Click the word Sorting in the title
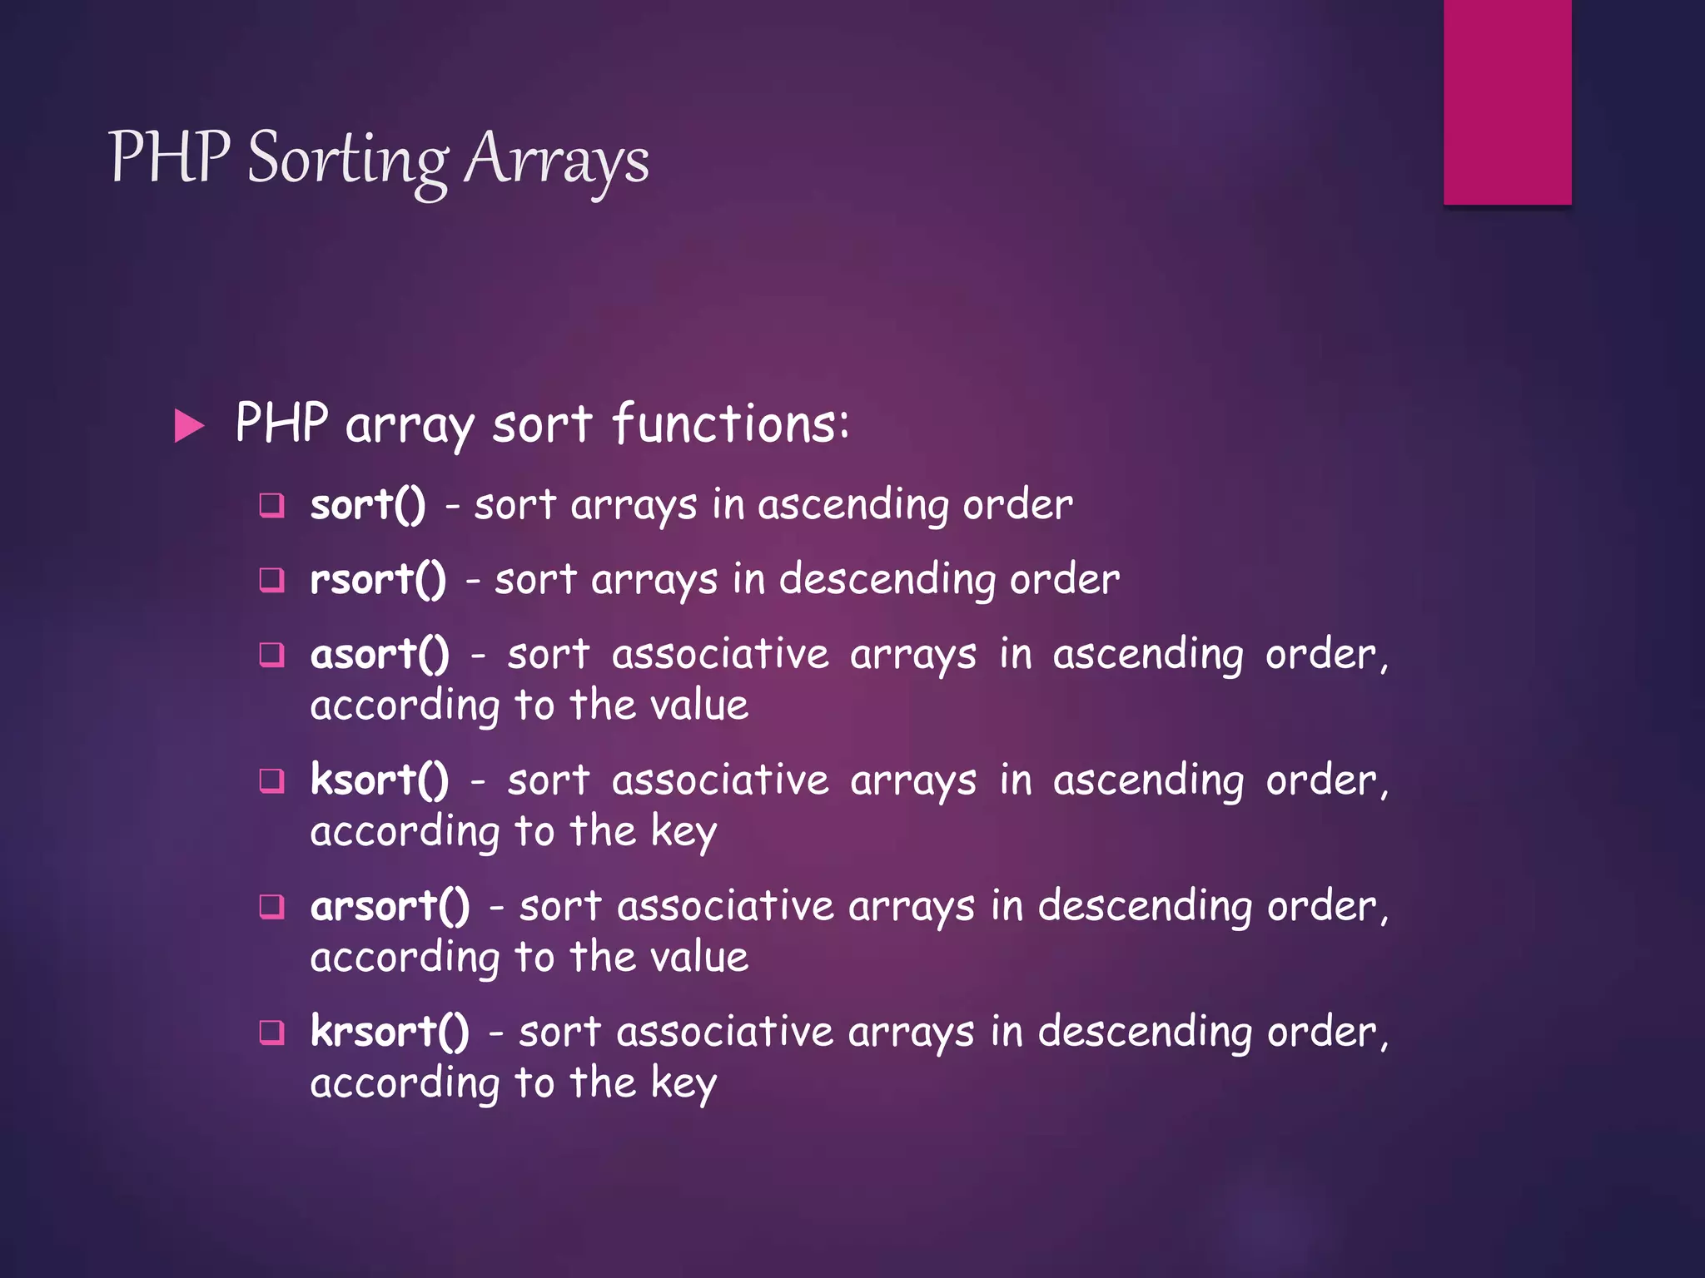pos(348,160)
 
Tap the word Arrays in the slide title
pos(556,160)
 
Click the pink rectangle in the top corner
pos(1507,102)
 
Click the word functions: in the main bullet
pos(731,424)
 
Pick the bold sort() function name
pos(367,505)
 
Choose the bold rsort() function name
pos(378,580)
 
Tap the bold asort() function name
pos(380,655)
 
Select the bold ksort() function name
pos(380,780)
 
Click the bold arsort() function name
pos(390,906)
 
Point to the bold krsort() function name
pos(390,1032)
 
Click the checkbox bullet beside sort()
pos(271,505)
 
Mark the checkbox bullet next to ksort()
pos(271,780)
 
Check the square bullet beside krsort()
pos(271,1033)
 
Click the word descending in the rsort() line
pos(887,580)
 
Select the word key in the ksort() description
pos(683,832)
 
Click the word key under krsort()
pos(683,1083)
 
